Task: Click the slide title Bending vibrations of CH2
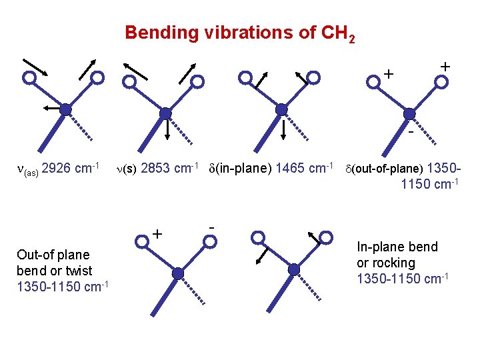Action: (240, 33)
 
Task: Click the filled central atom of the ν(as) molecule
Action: (65, 109)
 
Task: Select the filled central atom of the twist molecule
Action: (177, 273)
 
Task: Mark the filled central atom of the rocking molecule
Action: (294, 269)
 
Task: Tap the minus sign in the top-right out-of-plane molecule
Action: (411, 132)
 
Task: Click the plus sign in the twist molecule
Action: (158, 234)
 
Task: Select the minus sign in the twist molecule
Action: (211, 226)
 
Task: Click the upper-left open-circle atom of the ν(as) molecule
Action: (29, 77)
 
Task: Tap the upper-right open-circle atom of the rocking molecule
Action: (327, 237)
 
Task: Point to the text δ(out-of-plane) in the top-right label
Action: (383, 169)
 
